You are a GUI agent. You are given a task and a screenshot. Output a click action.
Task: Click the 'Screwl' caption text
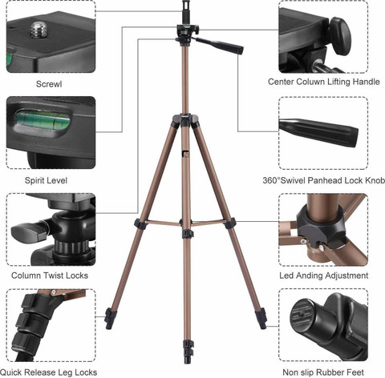point(49,82)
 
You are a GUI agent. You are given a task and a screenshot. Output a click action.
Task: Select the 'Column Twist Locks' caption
point(50,275)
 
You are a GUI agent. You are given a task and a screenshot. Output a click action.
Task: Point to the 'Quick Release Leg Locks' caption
point(55,372)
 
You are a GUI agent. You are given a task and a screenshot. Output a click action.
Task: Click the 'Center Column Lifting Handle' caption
point(323,82)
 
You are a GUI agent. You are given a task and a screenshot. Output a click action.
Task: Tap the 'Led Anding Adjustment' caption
point(323,275)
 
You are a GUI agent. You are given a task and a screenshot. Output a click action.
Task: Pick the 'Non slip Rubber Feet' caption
point(323,372)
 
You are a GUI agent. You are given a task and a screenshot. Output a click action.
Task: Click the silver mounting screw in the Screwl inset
point(38,30)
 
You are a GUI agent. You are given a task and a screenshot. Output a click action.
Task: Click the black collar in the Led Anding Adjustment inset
point(317,220)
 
